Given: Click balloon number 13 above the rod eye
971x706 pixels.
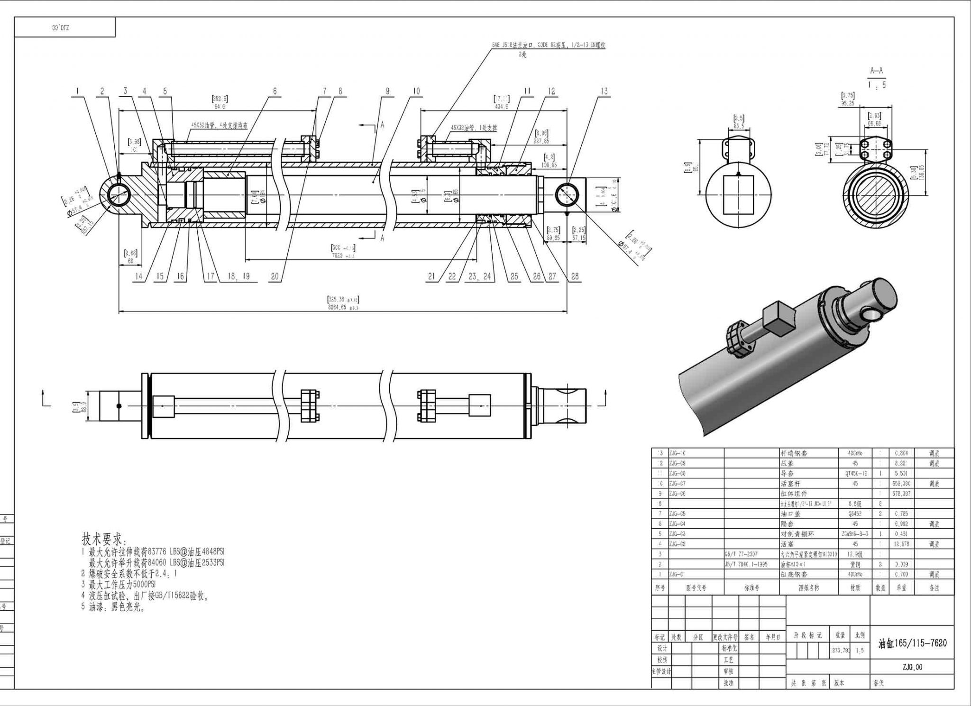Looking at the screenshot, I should pos(604,92).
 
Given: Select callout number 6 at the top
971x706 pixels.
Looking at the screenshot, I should pos(275,92).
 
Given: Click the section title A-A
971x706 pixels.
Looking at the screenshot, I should pos(876,71).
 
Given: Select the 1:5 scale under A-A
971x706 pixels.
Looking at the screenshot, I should pos(876,85).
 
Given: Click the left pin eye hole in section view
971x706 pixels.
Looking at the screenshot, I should pos(119,194).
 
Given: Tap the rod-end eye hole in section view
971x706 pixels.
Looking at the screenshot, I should pos(567,194).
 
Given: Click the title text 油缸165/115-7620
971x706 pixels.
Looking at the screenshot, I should pos(912,643).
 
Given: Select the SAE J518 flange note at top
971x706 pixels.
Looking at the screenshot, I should pos(548,46).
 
